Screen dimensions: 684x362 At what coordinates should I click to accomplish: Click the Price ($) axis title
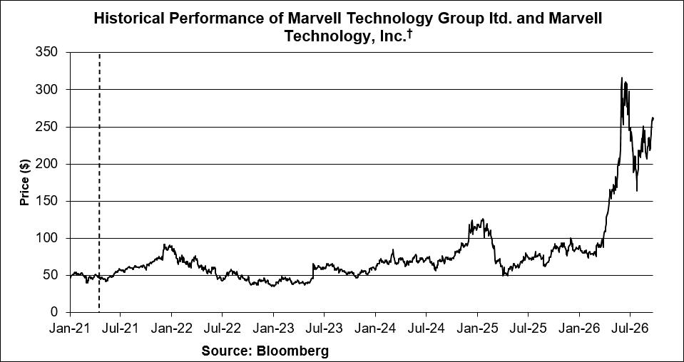pos(24,182)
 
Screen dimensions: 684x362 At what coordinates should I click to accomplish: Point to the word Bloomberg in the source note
pos(292,351)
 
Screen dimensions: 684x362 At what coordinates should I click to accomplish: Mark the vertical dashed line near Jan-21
pos(99,182)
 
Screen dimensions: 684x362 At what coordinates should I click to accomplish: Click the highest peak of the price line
pos(622,78)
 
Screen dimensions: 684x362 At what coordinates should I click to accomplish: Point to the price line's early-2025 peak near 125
pos(482,219)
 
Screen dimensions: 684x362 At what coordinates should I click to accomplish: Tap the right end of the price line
pos(653,118)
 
